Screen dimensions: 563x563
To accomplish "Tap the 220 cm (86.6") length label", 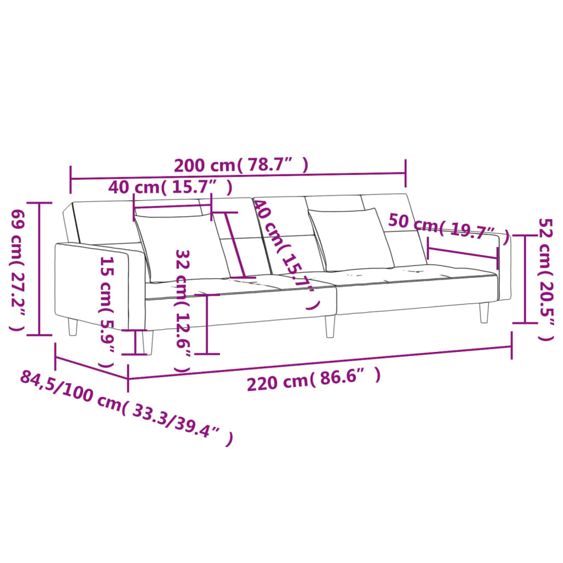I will click(x=313, y=379).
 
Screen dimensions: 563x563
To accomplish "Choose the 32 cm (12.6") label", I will click(x=183, y=311).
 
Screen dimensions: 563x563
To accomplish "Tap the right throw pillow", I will click(x=352, y=240).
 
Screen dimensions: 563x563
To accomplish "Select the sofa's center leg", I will click(x=330, y=326).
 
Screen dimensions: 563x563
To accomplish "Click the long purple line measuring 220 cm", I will click(x=319, y=363).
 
